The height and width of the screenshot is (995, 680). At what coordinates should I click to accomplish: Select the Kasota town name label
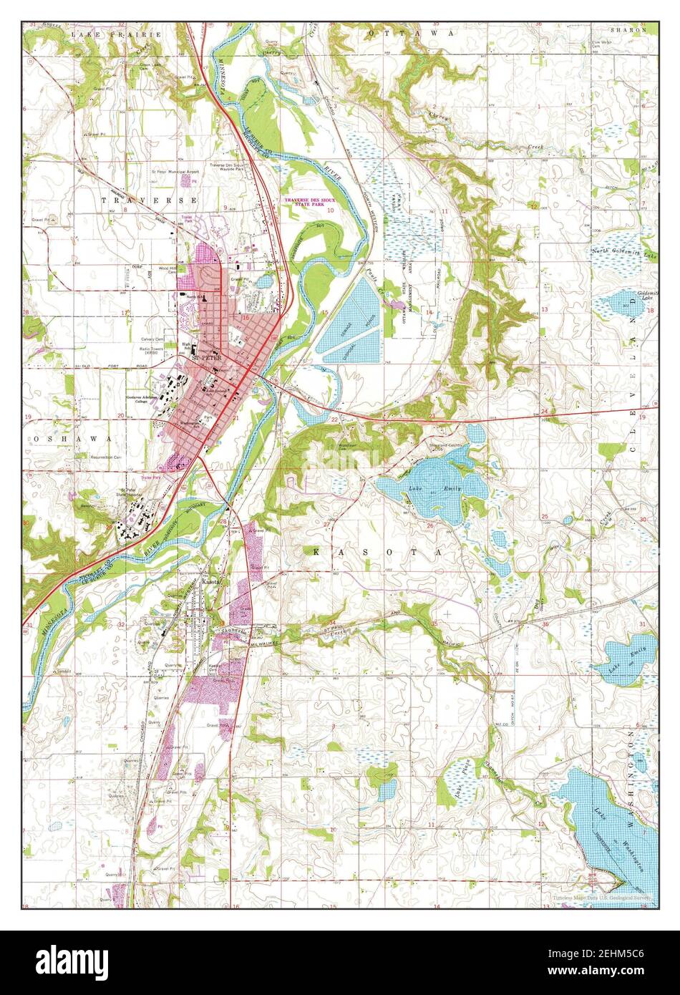click(211, 582)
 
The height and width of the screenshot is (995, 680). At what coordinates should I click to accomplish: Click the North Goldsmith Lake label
click(623, 253)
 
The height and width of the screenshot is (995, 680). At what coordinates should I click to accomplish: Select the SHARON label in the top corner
click(628, 31)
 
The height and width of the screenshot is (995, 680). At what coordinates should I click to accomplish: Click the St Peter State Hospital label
click(130, 493)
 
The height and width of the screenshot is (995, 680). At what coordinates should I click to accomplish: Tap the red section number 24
click(545, 412)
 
